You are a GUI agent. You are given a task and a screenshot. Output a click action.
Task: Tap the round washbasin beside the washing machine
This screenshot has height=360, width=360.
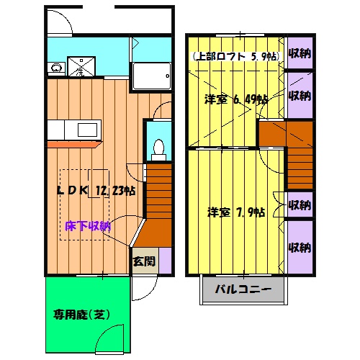pyautogui.click(x=55, y=68)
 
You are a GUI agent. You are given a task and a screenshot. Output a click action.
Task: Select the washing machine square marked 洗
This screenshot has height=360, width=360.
pyautogui.click(x=81, y=67)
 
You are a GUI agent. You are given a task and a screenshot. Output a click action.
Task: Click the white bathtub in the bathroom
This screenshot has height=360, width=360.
pyautogui.click(x=151, y=76)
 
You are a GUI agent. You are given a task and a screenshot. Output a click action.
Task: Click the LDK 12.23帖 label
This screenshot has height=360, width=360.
pyautogui.click(x=96, y=190)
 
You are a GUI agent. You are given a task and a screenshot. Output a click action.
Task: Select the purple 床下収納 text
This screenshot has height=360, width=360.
pyautogui.click(x=88, y=225)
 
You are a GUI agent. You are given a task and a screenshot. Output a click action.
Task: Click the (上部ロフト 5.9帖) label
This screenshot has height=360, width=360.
pyautogui.click(x=235, y=57)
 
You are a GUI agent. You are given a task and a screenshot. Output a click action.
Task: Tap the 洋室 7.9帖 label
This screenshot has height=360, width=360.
pyautogui.click(x=235, y=212)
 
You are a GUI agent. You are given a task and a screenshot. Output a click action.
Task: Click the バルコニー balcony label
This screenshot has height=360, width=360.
pyautogui.click(x=243, y=292)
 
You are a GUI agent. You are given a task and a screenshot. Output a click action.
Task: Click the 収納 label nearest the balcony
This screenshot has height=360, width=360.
pyautogui.click(x=299, y=248)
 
